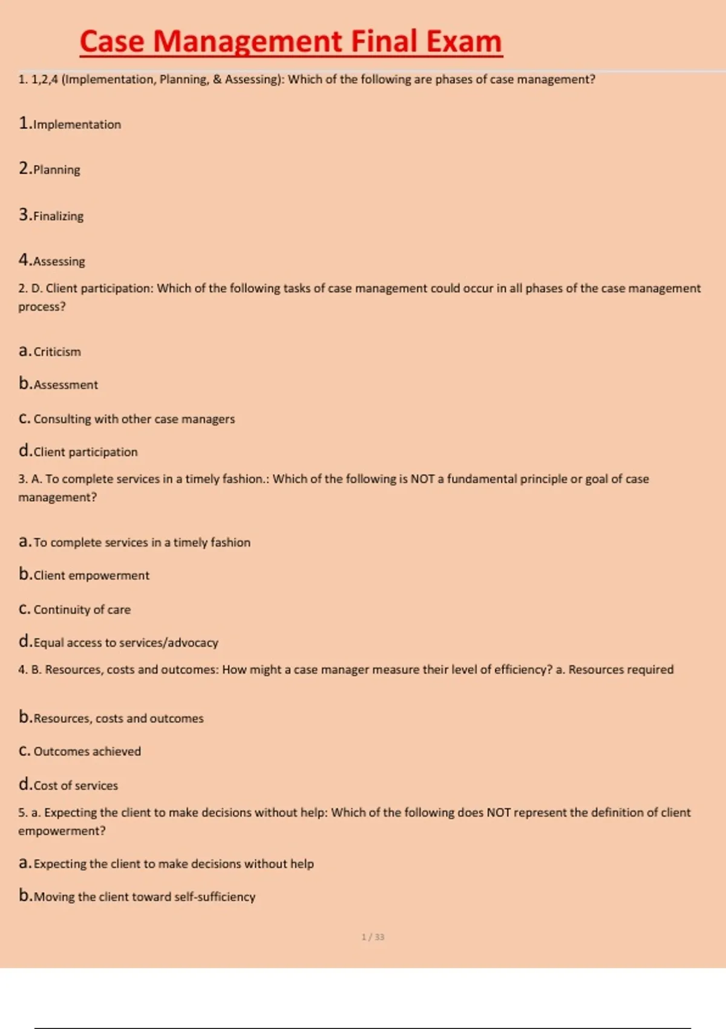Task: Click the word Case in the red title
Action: coord(112,42)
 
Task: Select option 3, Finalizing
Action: coord(58,216)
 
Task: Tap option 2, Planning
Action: coord(56,170)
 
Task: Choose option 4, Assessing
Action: coord(59,261)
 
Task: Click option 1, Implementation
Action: coord(77,125)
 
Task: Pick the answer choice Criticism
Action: coord(57,352)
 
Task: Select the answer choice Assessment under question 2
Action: coord(65,385)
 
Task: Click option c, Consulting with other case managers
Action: coord(134,419)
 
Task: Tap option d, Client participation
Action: coord(85,452)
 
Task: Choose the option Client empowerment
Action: coord(91,576)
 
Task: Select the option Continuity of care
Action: coord(82,610)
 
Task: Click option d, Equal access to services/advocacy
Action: coord(126,643)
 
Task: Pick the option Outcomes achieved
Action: coord(87,751)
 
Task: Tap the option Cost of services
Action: coord(76,786)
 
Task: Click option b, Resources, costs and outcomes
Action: coord(119,718)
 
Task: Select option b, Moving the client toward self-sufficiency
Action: coord(144,897)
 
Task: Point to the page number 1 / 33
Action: coord(373,937)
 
